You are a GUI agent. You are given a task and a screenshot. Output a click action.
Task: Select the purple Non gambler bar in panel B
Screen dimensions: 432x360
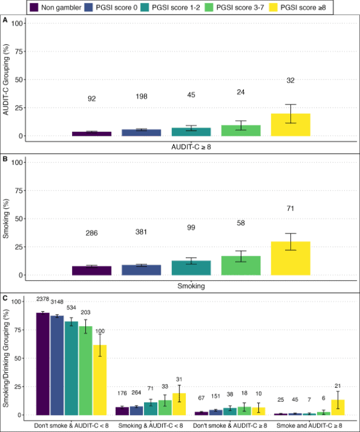pos(92,271)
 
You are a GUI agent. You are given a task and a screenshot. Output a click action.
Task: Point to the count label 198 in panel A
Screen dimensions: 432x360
pos(142,98)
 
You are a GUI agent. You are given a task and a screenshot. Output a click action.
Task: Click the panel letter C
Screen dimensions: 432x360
pos(5,298)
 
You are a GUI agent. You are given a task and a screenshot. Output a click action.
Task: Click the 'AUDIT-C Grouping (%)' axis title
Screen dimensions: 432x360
pos(7,80)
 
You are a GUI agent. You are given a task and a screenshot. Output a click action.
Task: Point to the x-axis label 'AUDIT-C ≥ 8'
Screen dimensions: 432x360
pos(191,147)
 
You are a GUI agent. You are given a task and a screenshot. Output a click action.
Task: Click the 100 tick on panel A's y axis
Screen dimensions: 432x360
pos(20,23)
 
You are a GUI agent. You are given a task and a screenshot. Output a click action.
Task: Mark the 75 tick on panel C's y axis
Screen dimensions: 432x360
pos(20,330)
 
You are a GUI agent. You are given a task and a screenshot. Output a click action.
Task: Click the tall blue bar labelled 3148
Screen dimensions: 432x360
pos(57,365)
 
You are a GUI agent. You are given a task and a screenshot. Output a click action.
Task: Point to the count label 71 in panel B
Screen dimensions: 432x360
pos(291,208)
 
